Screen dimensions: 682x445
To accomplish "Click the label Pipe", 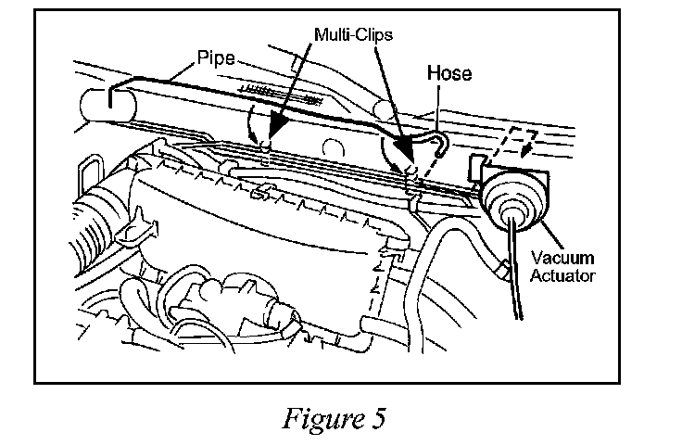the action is (x=216, y=57).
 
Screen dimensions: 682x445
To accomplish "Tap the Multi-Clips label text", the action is (x=353, y=34).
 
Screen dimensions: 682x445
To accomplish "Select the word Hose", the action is (x=449, y=73).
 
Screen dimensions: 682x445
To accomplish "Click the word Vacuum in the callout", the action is (x=562, y=258).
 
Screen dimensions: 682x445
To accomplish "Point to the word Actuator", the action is (x=562, y=275).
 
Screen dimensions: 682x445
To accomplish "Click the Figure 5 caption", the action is (x=334, y=418).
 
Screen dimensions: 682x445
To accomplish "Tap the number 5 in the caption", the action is (x=378, y=418).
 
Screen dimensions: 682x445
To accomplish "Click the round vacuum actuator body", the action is (x=512, y=197).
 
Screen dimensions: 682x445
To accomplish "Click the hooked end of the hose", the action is (x=440, y=143).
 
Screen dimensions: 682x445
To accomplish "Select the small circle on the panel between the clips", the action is (x=334, y=148).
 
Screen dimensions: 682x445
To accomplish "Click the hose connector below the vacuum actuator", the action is (x=504, y=270).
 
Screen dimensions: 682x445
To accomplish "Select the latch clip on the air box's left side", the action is (x=138, y=228).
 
